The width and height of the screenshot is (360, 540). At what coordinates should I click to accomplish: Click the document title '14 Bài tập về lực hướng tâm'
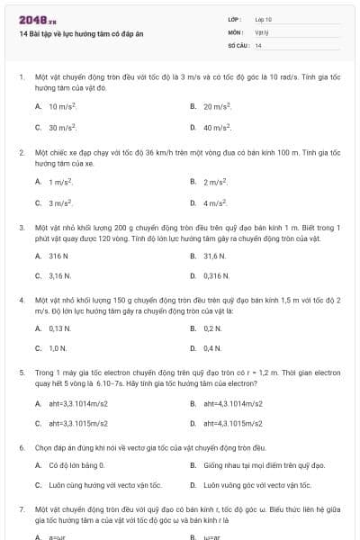[x=81, y=34]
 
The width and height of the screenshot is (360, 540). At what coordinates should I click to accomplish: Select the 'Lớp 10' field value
[x=264, y=19]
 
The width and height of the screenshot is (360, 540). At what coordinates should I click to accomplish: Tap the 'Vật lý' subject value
[x=262, y=31]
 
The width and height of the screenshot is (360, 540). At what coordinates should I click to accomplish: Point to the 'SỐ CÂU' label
[x=238, y=44]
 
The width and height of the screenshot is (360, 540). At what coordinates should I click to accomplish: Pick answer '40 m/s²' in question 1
[x=218, y=128]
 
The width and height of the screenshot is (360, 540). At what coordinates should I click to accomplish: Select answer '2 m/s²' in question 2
[x=216, y=182]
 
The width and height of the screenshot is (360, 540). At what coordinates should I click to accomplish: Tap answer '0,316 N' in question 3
[x=217, y=274]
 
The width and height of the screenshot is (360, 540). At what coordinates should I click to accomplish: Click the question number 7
[x=21, y=509]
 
